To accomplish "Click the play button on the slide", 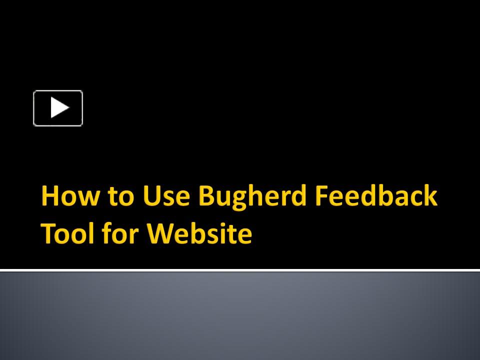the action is (x=58, y=108).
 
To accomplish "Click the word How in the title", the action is (x=70, y=195).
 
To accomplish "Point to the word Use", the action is (x=166, y=195).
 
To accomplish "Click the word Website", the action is (x=199, y=233).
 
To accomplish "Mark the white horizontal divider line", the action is (x=240, y=270).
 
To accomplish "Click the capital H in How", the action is (x=50, y=195).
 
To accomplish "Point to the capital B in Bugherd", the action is (x=206, y=195).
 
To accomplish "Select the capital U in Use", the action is (x=151, y=196).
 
